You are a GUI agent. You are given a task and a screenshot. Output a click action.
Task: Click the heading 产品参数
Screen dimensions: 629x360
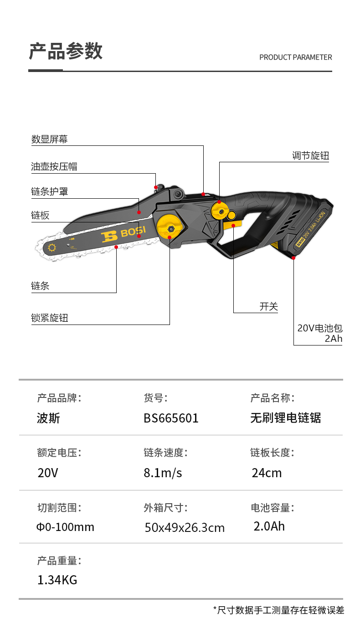click(66, 51)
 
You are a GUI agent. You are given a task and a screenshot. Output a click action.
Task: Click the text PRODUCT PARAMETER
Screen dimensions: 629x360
click(295, 57)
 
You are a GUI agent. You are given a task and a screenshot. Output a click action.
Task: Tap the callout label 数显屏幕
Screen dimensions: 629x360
click(49, 139)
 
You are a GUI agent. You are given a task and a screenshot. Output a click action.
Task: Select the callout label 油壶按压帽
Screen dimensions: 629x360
click(54, 166)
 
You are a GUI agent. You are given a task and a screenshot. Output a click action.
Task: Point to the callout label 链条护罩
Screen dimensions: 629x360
click(49, 192)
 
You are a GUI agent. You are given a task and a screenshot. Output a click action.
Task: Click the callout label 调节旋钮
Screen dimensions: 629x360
click(310, 156)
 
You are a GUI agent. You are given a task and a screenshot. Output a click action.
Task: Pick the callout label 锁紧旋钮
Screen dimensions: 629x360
click(49, 318)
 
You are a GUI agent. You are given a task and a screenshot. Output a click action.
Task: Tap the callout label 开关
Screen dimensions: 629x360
click(268, 307)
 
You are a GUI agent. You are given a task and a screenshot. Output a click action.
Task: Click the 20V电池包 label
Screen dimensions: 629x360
click(319, 328)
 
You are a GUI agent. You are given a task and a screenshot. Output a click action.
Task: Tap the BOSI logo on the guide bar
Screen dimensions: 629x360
click(123, 234)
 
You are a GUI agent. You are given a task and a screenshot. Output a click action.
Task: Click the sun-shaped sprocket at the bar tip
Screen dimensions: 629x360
click(51, 248)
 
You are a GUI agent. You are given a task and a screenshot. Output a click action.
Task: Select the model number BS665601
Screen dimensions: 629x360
click(171, 418)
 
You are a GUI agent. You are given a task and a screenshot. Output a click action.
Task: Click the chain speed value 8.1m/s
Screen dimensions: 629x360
click(163, 473)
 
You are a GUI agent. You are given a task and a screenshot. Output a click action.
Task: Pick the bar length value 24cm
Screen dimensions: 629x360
click(267, 473)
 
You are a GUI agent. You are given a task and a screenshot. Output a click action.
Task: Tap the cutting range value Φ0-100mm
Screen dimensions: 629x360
click(65, 527)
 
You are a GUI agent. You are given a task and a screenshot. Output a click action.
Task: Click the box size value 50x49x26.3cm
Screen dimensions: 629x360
click(185, 528)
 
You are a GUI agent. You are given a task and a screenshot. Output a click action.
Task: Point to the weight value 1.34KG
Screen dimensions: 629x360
click(57, 580)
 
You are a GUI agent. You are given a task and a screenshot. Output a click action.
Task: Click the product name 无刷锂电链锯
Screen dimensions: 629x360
click(285, 418)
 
